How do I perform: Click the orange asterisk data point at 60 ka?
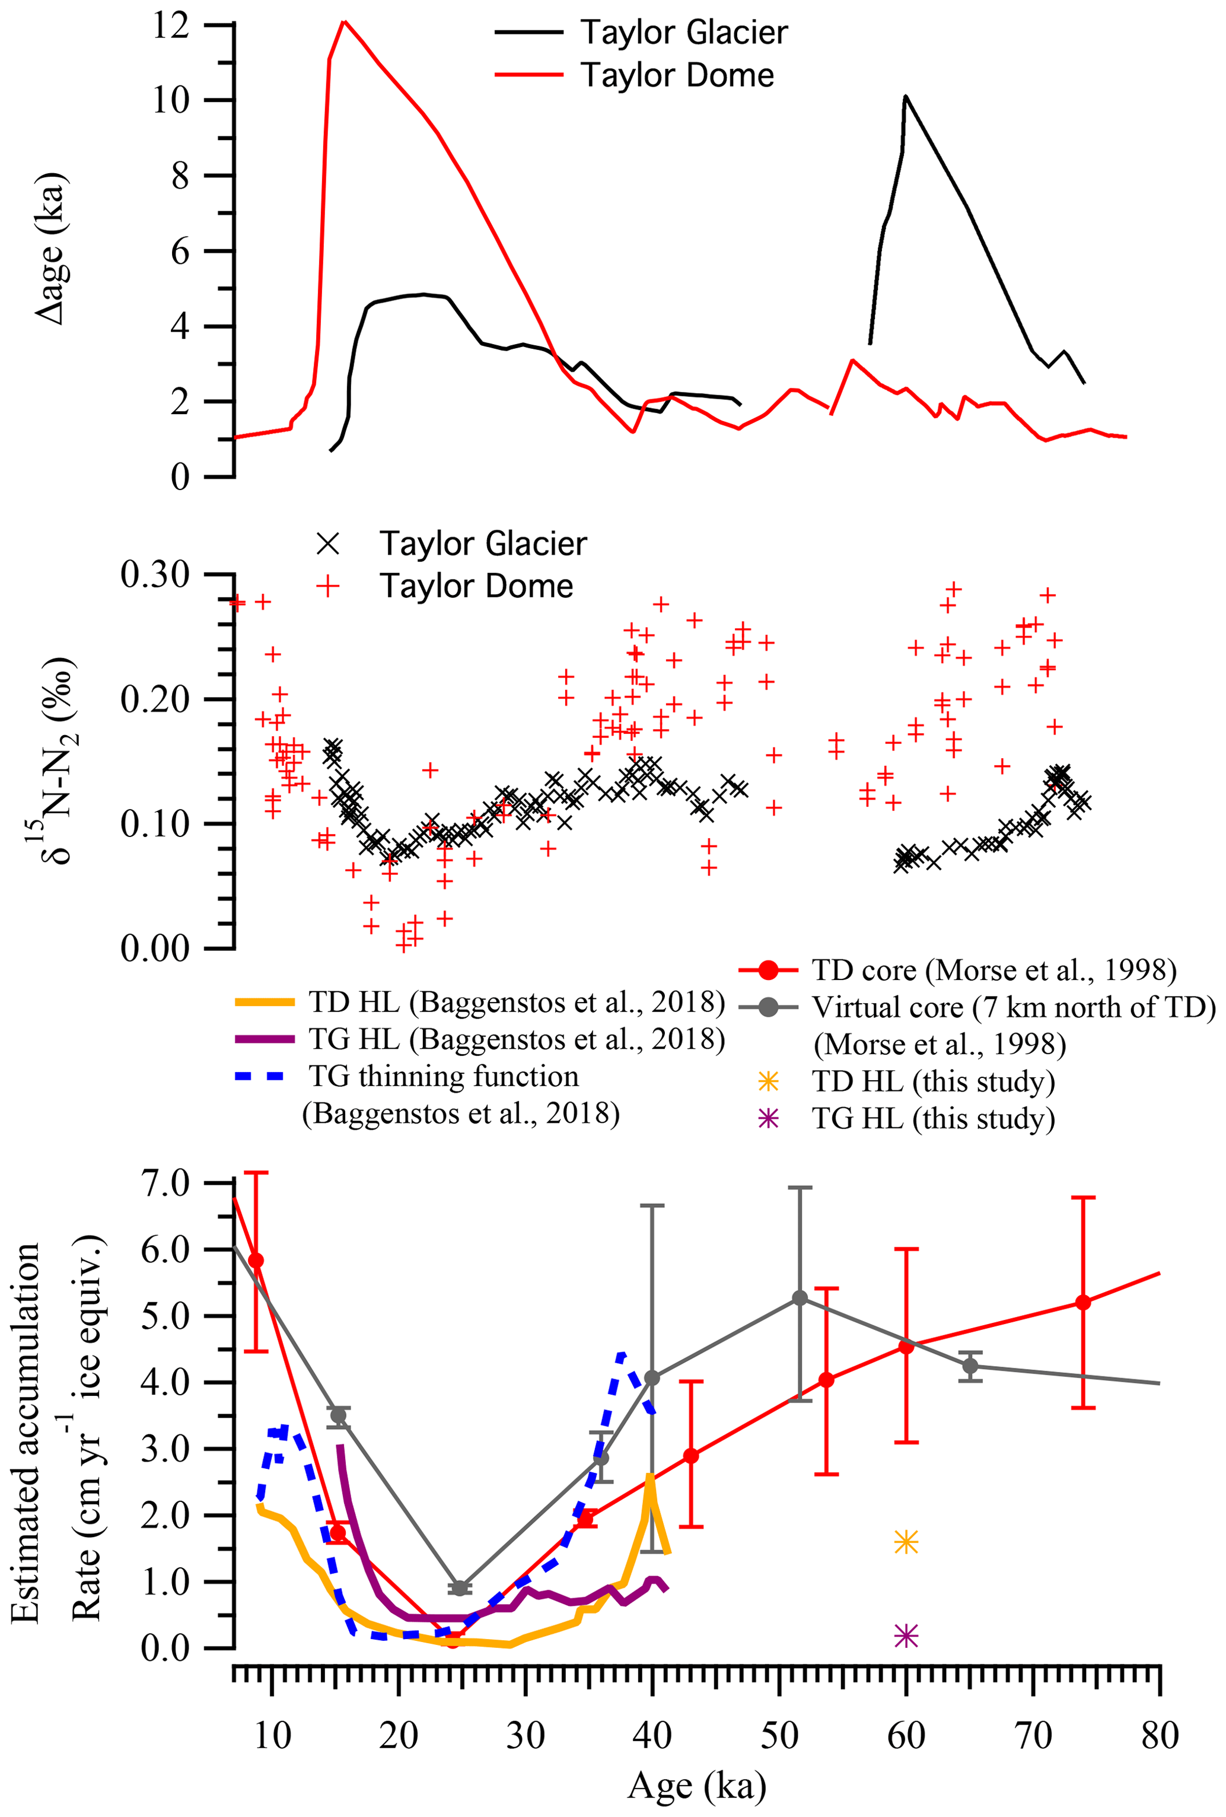pyautogui.click(x=906, y=1542)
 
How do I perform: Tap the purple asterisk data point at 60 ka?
pyautogui.click(x=906, y=1635)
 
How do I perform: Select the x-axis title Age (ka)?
pyautogui.click(x=697, y=1786)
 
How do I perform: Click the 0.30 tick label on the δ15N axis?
pyautogui.click(x=155, y=575)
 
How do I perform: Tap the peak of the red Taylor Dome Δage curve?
pyautogui.click(x=344, y=21)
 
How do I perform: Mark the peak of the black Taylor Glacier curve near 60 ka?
pyautogui.click(x=905, y=96)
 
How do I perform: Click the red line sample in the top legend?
pyautogui.click(x=528, y=75)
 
